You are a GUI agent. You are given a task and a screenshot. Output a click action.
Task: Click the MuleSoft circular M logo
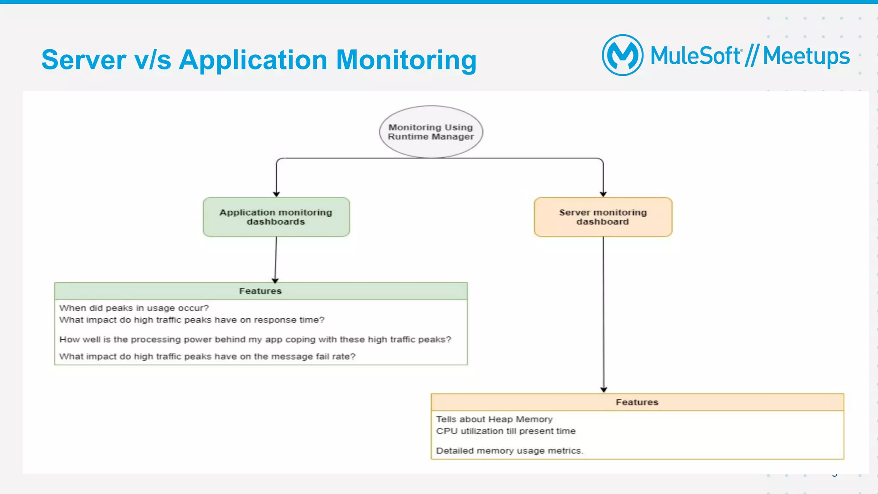click(622, 55)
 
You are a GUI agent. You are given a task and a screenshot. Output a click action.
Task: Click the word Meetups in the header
click(806, 56)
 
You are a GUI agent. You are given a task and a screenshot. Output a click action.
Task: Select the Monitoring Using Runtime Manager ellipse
click(431, 132)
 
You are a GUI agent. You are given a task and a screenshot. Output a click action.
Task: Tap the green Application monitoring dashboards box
click(276, 217)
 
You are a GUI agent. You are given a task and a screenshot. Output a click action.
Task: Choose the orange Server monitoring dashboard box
click(603, 217)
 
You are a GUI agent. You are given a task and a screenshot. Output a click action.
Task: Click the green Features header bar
click(261, 291)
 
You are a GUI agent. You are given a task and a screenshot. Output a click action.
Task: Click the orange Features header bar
click(637, 402)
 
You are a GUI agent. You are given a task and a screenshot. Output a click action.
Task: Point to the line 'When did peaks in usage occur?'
click(134, 308)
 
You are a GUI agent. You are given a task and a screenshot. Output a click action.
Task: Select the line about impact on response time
click(192, 320)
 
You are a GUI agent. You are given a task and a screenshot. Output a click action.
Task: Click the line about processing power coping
click(255, 339)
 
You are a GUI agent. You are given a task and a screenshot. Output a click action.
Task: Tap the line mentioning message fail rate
click(207, 356)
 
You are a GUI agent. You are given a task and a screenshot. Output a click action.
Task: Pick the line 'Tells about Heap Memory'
click(494, 419)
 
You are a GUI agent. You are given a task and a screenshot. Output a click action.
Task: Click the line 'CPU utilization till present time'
click(506, 431)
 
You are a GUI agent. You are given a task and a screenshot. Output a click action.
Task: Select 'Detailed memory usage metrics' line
click(509, 451)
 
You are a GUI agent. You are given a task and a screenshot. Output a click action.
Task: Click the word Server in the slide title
click(84, 60)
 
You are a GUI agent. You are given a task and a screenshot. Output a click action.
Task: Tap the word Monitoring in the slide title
click(406, 60)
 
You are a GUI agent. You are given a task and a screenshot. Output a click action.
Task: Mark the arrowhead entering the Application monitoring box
click(277, 194)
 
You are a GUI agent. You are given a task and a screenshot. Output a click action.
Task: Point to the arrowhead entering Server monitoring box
click(603, 194)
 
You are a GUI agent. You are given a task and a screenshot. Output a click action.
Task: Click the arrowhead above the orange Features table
click(604, 389)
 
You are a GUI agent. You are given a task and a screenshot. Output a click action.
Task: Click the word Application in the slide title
click(253, 60)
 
